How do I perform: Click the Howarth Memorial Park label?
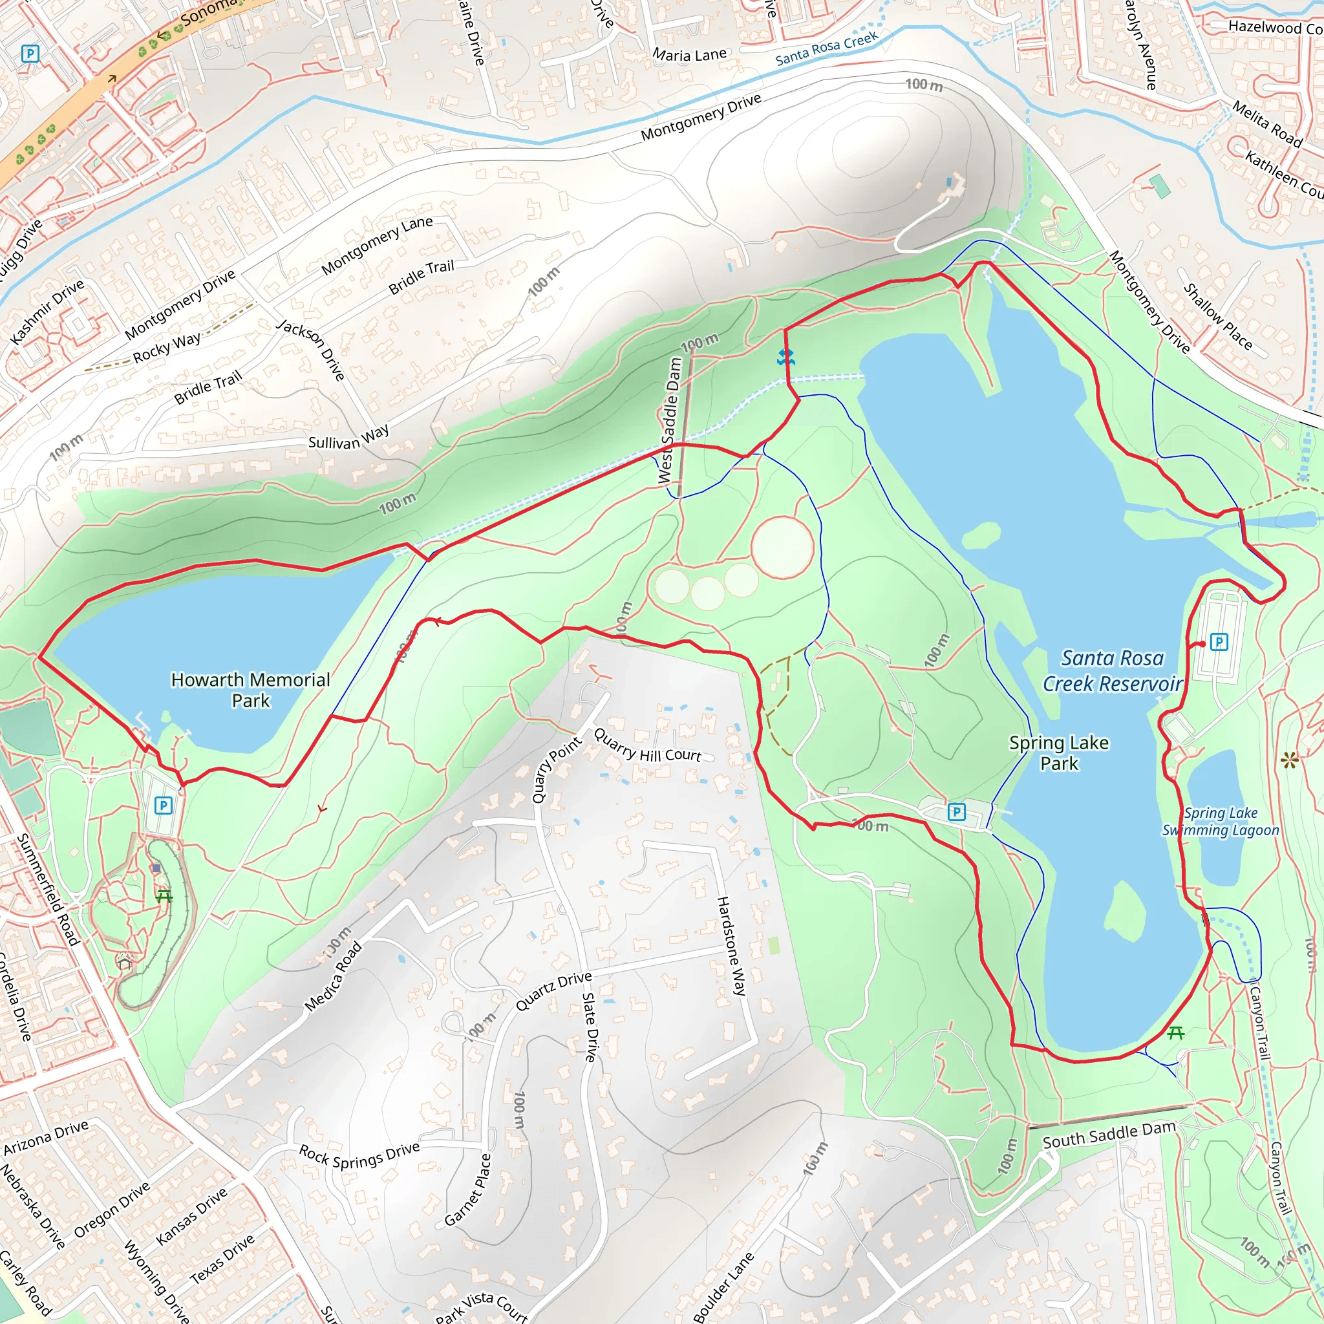coord(250,689)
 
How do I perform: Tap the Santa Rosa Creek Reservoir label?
coord(1111,670)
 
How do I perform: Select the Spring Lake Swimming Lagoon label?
coord(1220,821)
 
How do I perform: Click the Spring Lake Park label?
coord(1059,753)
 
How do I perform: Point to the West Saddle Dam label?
coord(670,420)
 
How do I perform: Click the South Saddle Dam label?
coord(1109,1135)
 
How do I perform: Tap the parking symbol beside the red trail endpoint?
coord(1219,642)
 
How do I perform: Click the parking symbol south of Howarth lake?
coord(163,806)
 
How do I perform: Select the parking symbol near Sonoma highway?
coord(30,54)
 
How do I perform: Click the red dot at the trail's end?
coord(1202,643)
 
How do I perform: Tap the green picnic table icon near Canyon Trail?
coord(1176,1032)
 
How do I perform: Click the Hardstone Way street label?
coord(731,946)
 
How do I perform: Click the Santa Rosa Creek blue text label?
coord(826,49)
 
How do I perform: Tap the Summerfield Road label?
coord(48,889)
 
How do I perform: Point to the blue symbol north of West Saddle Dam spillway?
coord(785,356)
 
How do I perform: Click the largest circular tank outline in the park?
coord(782,548)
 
